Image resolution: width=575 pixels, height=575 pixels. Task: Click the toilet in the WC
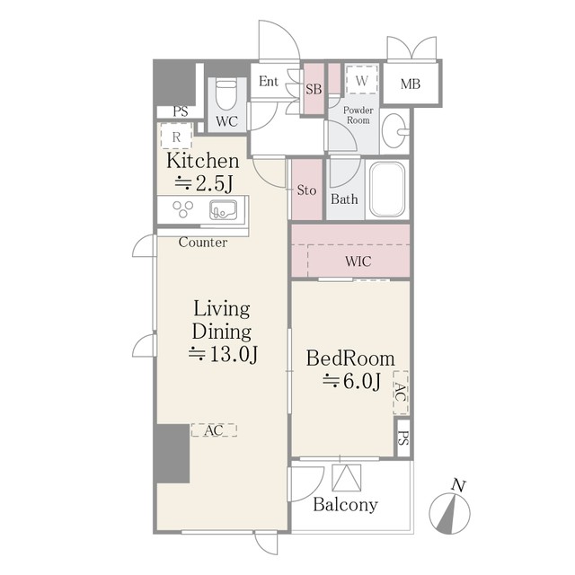[x=226, y=94]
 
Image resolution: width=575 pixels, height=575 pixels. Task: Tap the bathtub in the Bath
[x=387, y=190]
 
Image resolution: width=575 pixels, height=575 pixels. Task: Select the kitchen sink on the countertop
[x=223, y=210]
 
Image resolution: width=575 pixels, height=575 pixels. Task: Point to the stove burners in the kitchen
[x=183, y=209]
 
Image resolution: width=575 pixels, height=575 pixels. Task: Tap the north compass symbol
[x=449, y=507]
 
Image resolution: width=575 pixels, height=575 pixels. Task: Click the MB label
[x=411, y=84]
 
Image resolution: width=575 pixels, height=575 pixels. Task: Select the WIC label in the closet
[x=358, y=261]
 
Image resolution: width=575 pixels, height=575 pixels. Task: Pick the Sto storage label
[x=306, y=190]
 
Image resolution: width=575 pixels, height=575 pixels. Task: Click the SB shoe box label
[x=314, y=89]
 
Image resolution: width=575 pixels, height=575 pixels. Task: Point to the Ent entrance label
[x=269, y=81]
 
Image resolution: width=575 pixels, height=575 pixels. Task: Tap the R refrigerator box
[x=176, y=137]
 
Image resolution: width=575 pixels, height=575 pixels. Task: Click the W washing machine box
[x=362, y=81]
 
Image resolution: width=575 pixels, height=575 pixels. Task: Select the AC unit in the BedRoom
[x=401, y=393]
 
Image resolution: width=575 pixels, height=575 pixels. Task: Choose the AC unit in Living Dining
[x=214, y=430]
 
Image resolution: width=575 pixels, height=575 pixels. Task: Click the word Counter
[x=203, y=243]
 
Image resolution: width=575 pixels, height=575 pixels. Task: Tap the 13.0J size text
[x=224, y=354]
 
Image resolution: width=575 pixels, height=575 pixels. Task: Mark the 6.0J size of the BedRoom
[x=352, y=381]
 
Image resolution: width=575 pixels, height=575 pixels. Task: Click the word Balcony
[x=345, y=505]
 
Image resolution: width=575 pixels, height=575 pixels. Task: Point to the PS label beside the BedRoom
[x=403, y=438]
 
